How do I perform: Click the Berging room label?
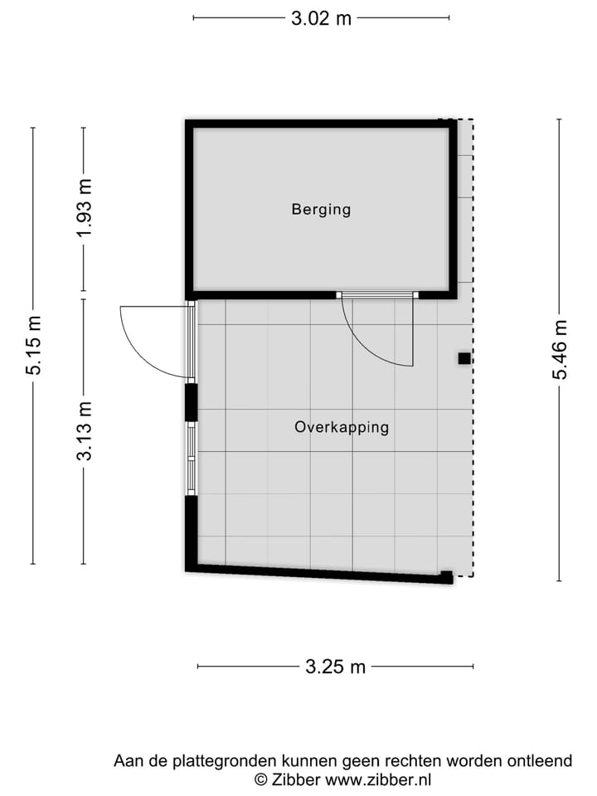321,210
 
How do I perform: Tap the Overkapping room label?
342,428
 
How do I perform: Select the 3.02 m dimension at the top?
321,17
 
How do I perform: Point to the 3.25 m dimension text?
335,667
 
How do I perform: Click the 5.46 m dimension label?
561,349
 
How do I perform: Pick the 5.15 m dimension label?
34,346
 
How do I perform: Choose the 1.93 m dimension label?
84,209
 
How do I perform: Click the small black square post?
464,359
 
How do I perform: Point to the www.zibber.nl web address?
379,779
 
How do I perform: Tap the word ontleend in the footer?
543,760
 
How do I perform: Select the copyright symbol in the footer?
260,779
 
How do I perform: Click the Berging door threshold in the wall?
377,294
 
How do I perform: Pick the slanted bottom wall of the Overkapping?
319,572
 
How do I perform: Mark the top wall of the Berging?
321,124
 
